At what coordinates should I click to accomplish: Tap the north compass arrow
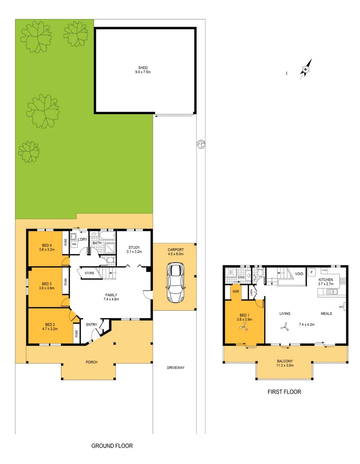pyautogui.click(x=305, y=68)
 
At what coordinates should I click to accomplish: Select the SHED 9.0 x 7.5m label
pyautogui.click(x=143, y=70)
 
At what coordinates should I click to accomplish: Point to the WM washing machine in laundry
pyautogui.click(x=74, y=244)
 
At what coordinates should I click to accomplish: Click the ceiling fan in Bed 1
pyautogui.click(x=244, y=328)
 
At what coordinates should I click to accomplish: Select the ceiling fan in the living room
pyautogui.click(x=284, y=328)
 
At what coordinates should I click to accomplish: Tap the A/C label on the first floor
pyautogui.click(x=341, y=307)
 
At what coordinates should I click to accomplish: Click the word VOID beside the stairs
pyautogui.click(x=299, y=274)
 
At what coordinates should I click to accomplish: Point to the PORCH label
pyautogui.click(x=91, y=362)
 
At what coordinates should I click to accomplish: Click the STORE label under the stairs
pyautogui.click(x=89, y=273)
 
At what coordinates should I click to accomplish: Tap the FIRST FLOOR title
pyautogui.click(x=284, y=392)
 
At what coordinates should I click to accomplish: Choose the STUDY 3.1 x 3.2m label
pyautogui.click(x=134, y=250)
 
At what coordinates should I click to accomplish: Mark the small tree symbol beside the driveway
pyautogui.click(x=201, y=144)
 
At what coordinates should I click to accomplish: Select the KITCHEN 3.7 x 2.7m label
pyautogui.click(x=325, y=282)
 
